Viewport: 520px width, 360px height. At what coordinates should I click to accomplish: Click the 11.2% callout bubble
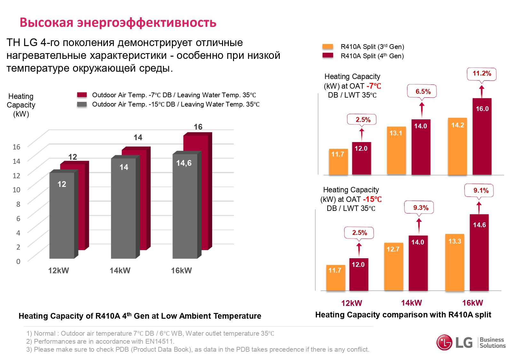[x=482, y=74]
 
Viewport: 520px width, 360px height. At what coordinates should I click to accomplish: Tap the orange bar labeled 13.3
[x=454, y=262]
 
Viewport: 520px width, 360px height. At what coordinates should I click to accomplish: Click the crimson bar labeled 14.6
[x=479, y=253]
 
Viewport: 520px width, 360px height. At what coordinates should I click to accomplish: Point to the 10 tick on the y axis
[x=16, y=190]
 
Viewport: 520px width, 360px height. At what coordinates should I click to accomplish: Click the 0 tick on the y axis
[x=18, y=261]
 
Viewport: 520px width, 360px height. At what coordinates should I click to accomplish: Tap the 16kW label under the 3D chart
[x=181, y=271]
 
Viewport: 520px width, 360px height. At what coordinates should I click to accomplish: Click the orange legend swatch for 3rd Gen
[x=328, y=47]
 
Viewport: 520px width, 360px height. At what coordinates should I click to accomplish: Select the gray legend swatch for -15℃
[x=82, y=104]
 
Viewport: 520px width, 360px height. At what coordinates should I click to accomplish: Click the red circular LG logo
[x=444, y=342]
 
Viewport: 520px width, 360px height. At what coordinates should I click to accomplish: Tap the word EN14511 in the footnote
[x=159, y=341]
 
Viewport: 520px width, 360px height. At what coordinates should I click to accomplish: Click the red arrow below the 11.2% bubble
[x=482, y=91]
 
